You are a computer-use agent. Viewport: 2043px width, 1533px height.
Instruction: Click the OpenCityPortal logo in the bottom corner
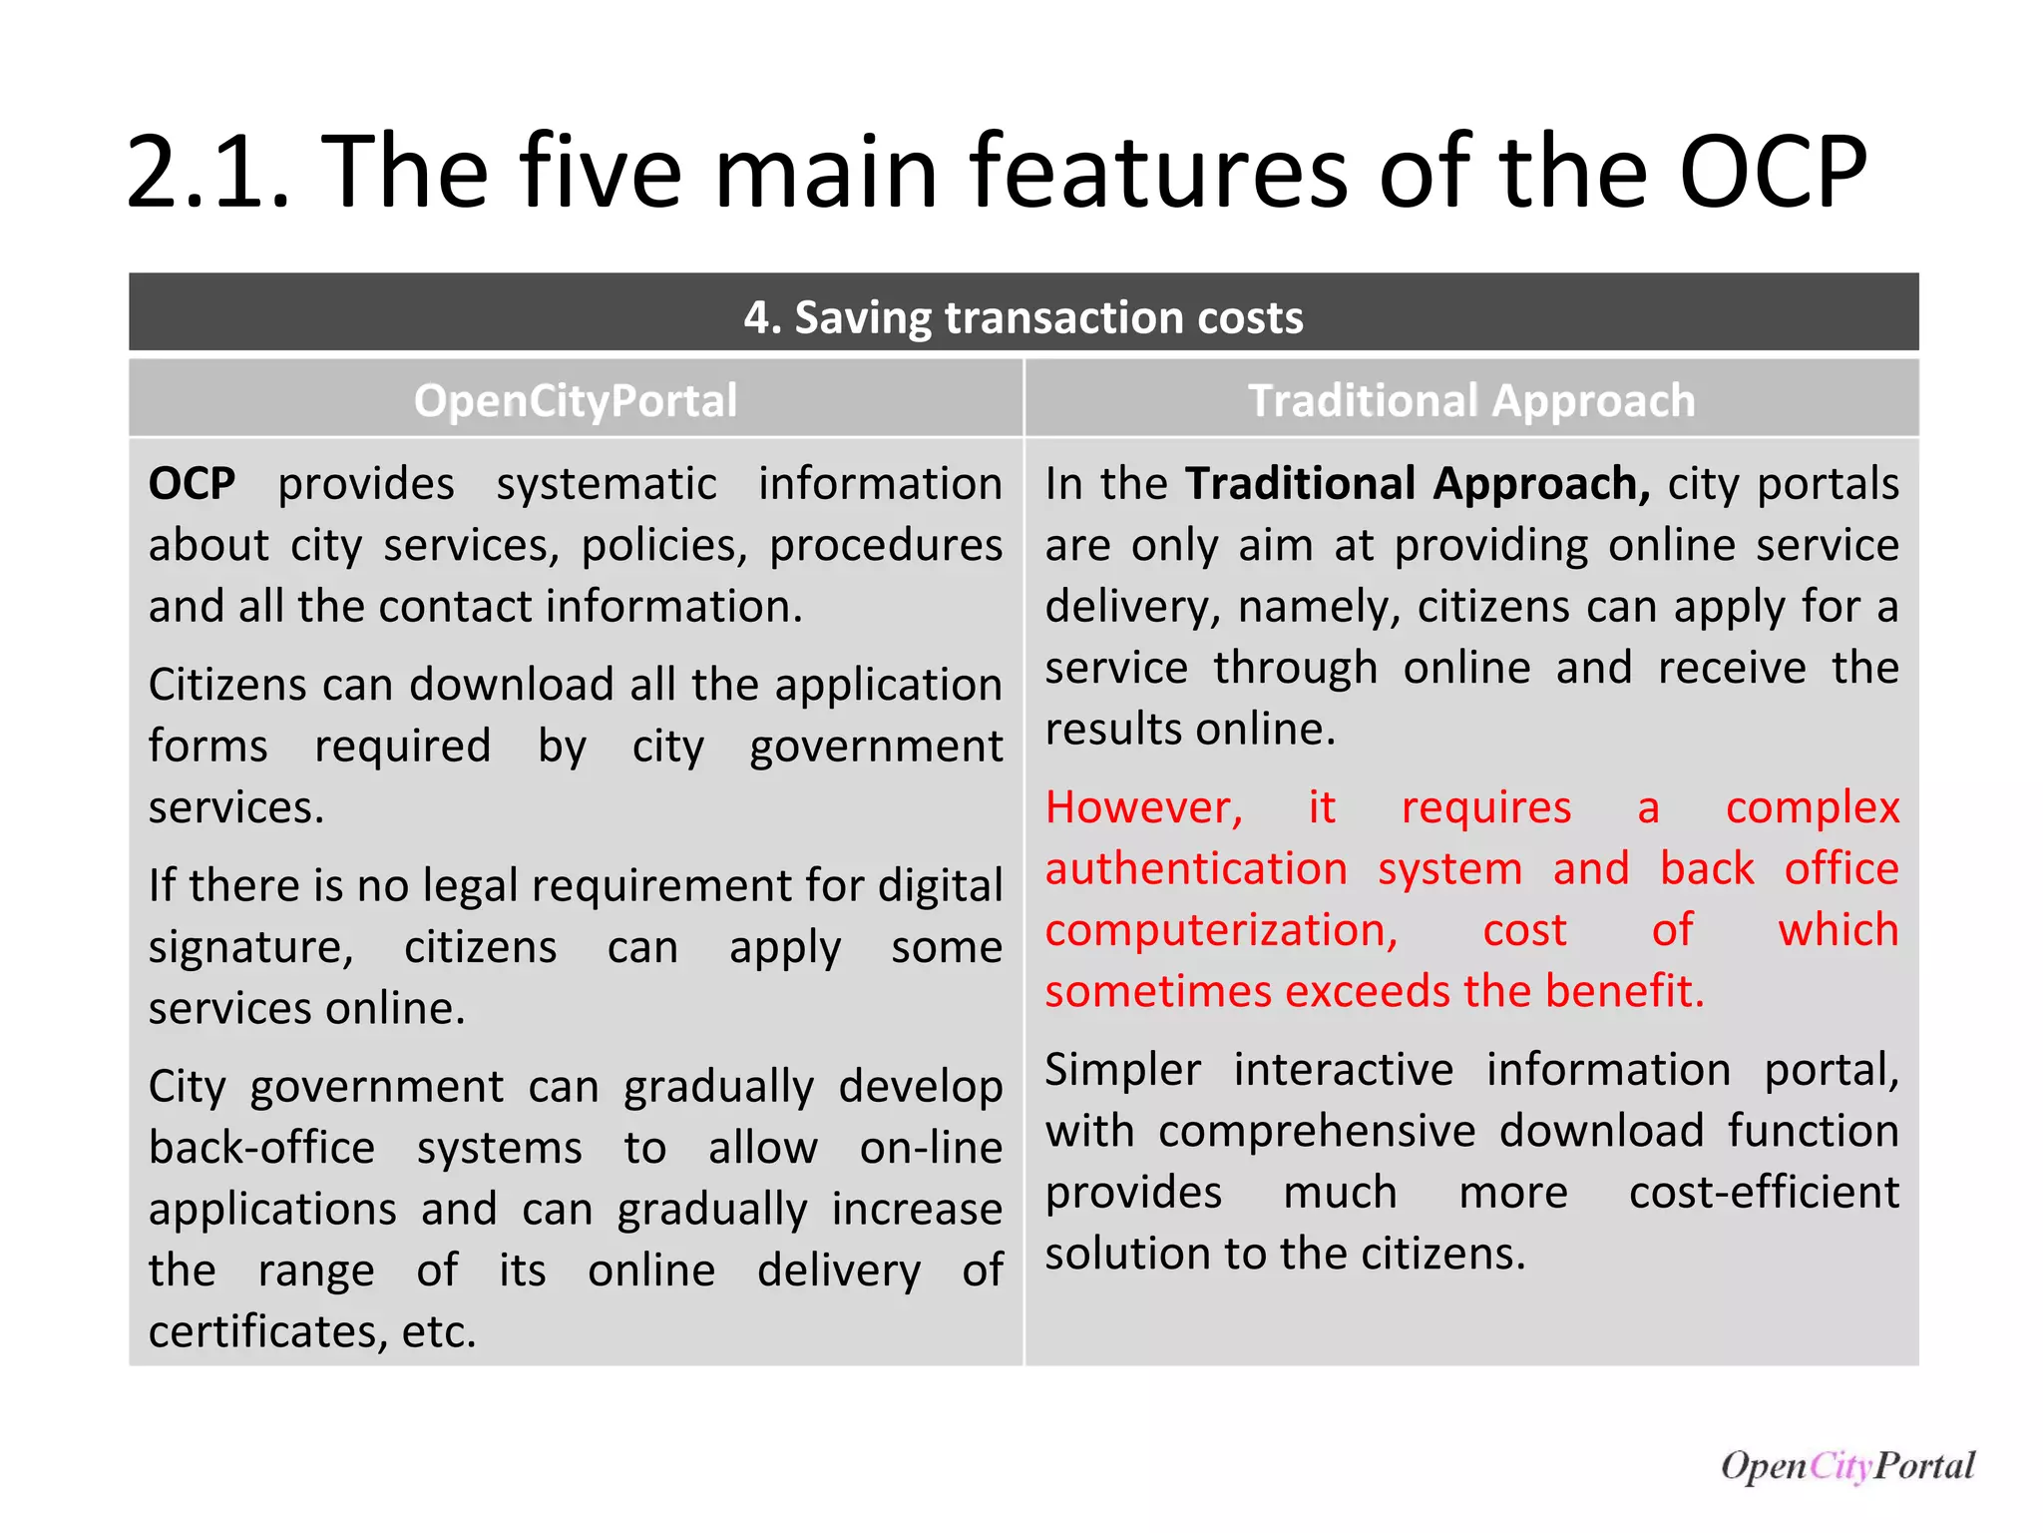click(x=1846, y=1465)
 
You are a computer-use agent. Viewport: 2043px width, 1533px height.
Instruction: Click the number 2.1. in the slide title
click(x=209, y=172)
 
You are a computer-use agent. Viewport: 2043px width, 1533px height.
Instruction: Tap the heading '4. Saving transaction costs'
click(x=1022, y=317)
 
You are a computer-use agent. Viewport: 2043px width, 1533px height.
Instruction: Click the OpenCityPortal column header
click(x=576, y=400)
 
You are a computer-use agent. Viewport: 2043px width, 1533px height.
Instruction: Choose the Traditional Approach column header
click(x=1471, y=400)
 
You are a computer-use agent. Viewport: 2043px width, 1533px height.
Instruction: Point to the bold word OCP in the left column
click(x=193, y=484)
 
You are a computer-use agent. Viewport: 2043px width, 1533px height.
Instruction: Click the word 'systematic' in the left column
click(x=607, y=484)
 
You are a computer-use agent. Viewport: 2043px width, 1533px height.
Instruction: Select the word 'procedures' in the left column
click(x=886, y=546)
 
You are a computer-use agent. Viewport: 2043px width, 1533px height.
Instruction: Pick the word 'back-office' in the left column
click(x=262, y=1148)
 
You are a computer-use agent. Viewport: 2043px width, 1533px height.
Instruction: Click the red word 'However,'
click(x=1144, y=807)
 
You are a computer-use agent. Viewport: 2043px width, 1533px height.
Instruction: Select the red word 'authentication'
click(x=1196, y=868)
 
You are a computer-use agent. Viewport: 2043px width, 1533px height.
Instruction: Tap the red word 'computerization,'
click(x=1221, y=930)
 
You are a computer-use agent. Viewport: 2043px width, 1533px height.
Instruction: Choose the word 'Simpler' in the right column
click(x=1123, y=1070)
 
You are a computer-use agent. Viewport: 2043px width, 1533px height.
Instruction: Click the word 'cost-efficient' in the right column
click(x=1764, y=1193)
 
